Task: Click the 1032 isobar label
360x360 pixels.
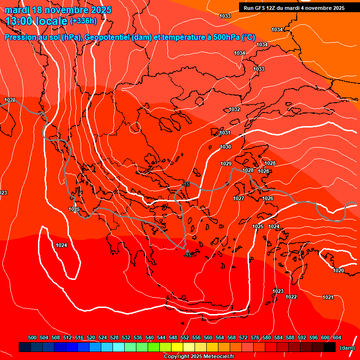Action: pos(234,109)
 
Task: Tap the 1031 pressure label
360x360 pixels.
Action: pos(225,133)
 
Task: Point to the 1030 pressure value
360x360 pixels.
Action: pos(225,147)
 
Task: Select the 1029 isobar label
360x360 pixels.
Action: pos(226,164)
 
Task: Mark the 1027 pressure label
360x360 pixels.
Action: pos(239,198)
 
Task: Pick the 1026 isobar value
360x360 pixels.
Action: pos(268,199)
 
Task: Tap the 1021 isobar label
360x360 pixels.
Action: pos(328,297)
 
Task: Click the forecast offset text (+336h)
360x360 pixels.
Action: pos(83,21)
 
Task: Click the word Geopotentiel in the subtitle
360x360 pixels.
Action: pos(106,37)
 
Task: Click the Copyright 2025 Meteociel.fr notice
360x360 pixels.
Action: pos(199,357)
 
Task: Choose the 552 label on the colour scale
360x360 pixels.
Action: pos(185,337)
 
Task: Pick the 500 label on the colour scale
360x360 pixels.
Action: pos(32,337)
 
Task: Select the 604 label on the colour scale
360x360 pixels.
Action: pos(337,337)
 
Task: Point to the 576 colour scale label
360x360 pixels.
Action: pos(255,337)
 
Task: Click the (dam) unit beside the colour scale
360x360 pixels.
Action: pos(347,348)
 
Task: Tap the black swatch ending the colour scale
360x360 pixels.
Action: pos(330,347)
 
